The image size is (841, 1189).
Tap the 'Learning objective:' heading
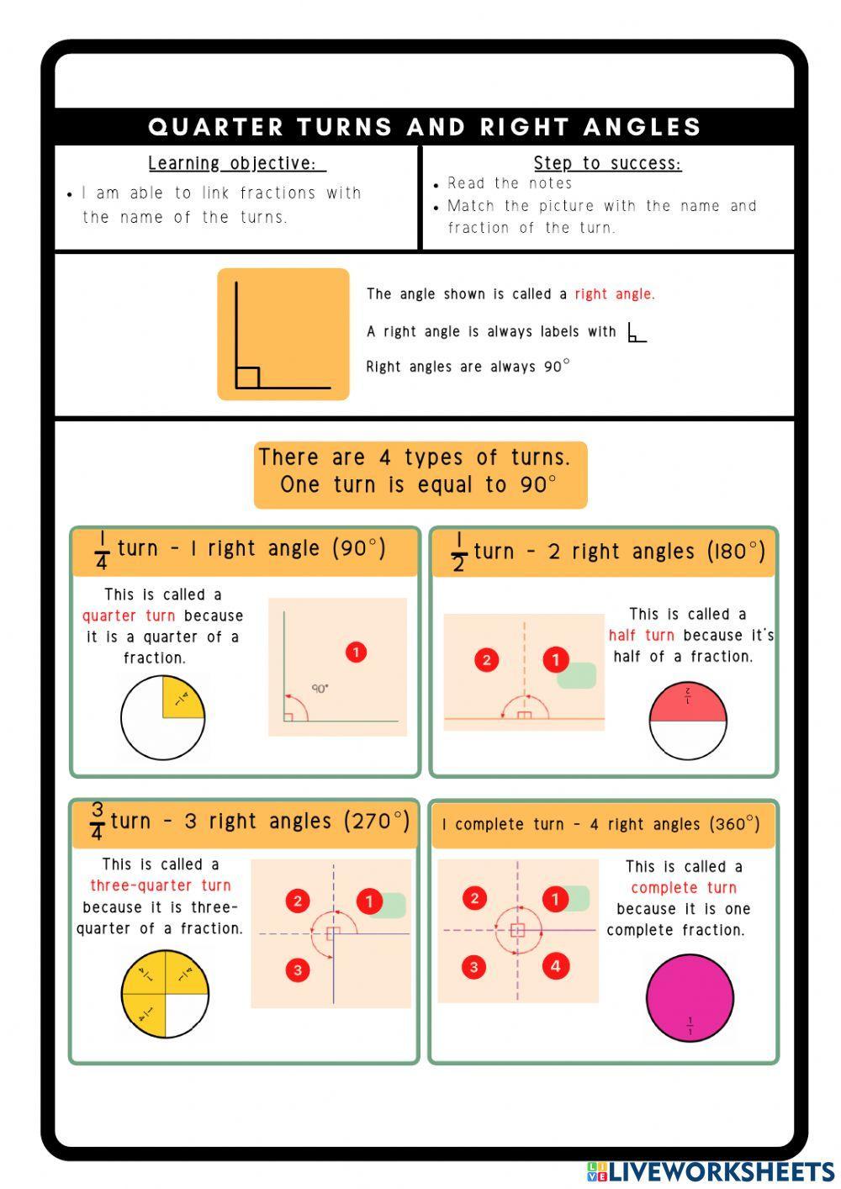tap(236, 163)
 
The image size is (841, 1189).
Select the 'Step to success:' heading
tap(607, 163)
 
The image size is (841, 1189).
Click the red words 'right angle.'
tap(614, 294)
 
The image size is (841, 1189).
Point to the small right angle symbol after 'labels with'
tap(636, 333)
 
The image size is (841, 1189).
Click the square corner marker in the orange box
tap(247, 378)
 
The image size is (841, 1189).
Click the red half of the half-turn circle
tap(688, 705)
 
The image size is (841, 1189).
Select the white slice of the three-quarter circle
tap(186, 1015)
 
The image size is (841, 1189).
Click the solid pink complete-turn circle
tap(690, 997)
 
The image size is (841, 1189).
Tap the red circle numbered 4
tap(555, 966)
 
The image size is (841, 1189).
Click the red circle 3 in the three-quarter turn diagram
tap(298, 970)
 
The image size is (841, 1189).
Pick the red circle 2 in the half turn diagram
tap(486, 660)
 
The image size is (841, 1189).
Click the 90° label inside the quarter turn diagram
tap(320, 689)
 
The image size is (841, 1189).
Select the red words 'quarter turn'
tap(130, 616)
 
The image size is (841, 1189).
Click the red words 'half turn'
tap(642, 636)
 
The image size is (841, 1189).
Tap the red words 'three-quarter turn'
tap(160, 885)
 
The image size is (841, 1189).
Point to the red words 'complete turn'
tap(683, 888)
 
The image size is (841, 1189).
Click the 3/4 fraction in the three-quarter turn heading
tap(98, 822)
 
